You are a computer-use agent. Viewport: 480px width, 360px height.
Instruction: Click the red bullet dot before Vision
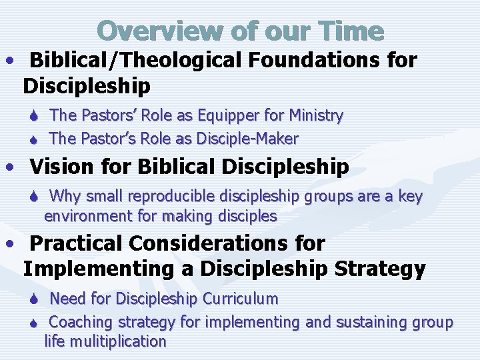10,167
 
